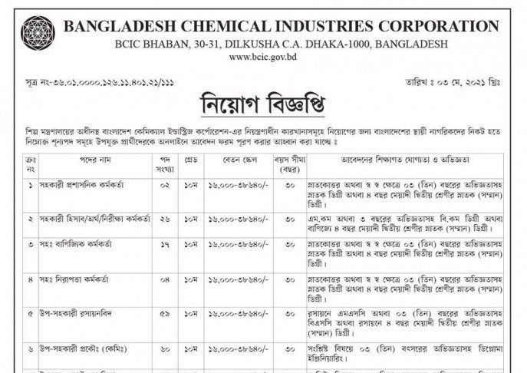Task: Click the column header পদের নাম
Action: [x=78, y=163]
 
